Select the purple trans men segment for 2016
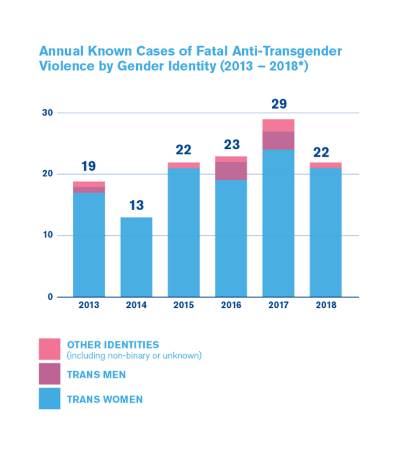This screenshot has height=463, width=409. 231,171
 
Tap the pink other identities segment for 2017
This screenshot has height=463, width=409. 279,125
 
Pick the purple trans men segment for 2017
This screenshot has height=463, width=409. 279,141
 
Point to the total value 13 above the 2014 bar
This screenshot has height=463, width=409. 137,205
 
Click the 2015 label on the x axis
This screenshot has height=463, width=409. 184,306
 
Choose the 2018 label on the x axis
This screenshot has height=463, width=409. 326,306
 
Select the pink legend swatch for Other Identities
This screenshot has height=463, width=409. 50,349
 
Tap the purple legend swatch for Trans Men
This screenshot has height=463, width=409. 50,374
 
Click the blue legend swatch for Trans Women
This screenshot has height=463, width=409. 50,399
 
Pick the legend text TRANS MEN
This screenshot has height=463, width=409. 96,374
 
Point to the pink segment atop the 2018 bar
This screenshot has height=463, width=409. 326,165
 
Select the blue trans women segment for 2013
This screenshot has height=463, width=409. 89,244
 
